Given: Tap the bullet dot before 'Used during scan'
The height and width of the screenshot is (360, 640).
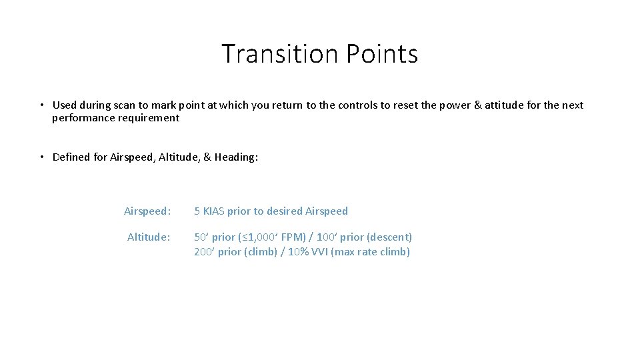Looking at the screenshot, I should click(41, 105).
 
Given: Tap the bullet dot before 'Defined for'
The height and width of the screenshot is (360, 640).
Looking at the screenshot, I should click(41, 157).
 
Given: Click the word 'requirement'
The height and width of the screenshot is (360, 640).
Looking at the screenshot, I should click(149, 118).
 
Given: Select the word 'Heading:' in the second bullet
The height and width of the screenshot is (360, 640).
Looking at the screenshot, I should click(236, 157).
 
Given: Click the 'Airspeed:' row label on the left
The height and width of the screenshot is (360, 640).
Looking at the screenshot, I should click(147, 211).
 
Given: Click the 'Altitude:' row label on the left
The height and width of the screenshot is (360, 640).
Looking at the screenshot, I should click(149, 237).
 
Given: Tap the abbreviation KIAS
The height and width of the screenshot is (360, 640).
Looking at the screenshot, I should click(213, 211).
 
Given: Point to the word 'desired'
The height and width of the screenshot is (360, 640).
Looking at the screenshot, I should click(283, 211).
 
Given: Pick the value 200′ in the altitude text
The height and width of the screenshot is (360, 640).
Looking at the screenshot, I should click(201, 252).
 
